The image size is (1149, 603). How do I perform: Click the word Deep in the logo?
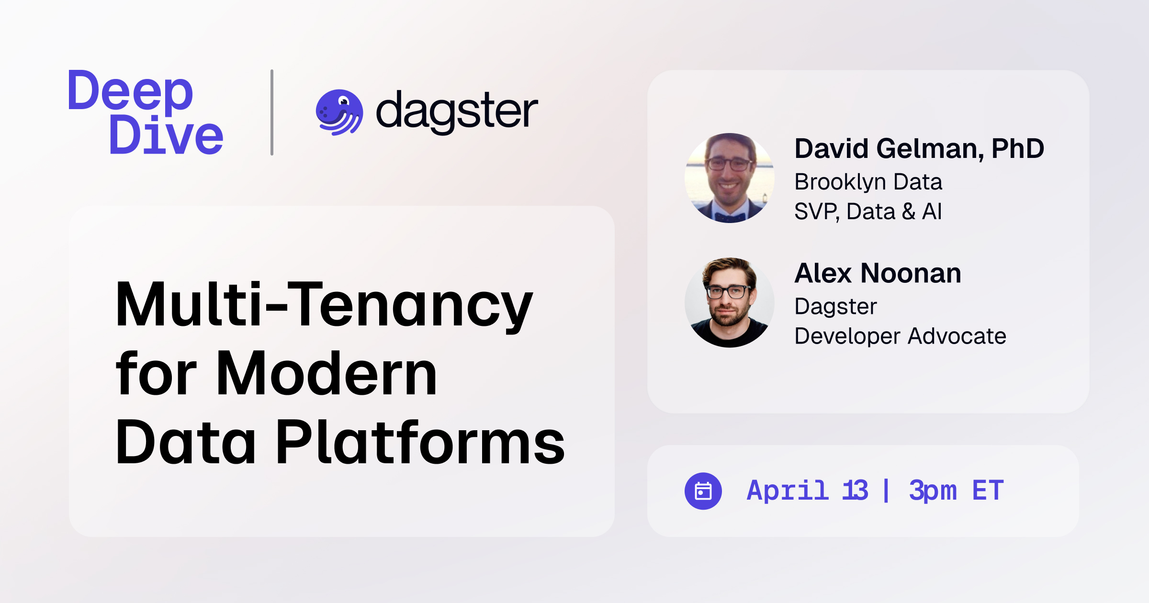[x=130, y=91]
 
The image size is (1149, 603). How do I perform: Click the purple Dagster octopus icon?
[x=339, y=112]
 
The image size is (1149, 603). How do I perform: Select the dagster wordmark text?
[x=457, y=111]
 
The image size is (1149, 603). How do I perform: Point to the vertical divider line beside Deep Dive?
[x=272, y=112]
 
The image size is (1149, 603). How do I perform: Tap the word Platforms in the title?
[x=420, y=442]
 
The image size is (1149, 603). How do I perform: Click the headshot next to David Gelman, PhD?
[x=729, y=178]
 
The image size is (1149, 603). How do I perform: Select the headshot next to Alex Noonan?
[x=729, y=302]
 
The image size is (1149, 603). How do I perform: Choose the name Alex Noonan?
[x=878, y=273]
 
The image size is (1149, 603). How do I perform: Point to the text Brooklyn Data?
[x=868, y=182]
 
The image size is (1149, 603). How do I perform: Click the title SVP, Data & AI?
[x=868, y=212]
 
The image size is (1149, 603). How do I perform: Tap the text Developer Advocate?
[x=900, y=336]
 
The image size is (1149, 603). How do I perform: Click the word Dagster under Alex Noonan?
[x=835, y=306]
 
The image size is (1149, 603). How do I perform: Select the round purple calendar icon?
[x=703, y=491]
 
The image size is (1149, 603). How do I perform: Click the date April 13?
[x=807, y=491]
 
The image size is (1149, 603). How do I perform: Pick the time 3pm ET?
[x=956, y=491]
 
